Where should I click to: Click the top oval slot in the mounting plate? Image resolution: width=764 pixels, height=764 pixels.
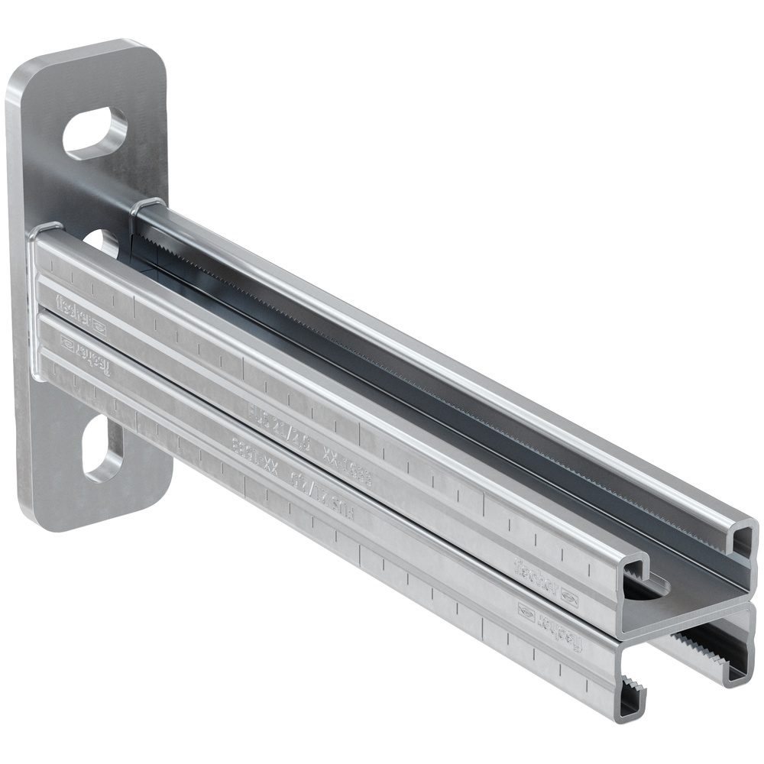tap(95, 134)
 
